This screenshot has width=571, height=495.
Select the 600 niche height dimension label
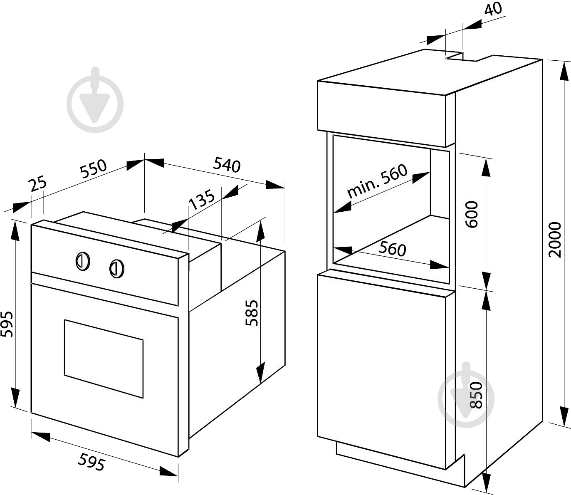point(472,214)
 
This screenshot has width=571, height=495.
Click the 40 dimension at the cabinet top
point(494,9)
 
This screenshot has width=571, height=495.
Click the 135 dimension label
point(202,200)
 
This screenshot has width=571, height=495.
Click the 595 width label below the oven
point(91,462)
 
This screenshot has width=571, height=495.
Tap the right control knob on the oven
point(116,268)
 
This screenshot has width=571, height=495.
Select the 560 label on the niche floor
point(392,249)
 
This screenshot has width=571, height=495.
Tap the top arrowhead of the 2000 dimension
point(564,71)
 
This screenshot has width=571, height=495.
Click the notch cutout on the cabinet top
point(462,57)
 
